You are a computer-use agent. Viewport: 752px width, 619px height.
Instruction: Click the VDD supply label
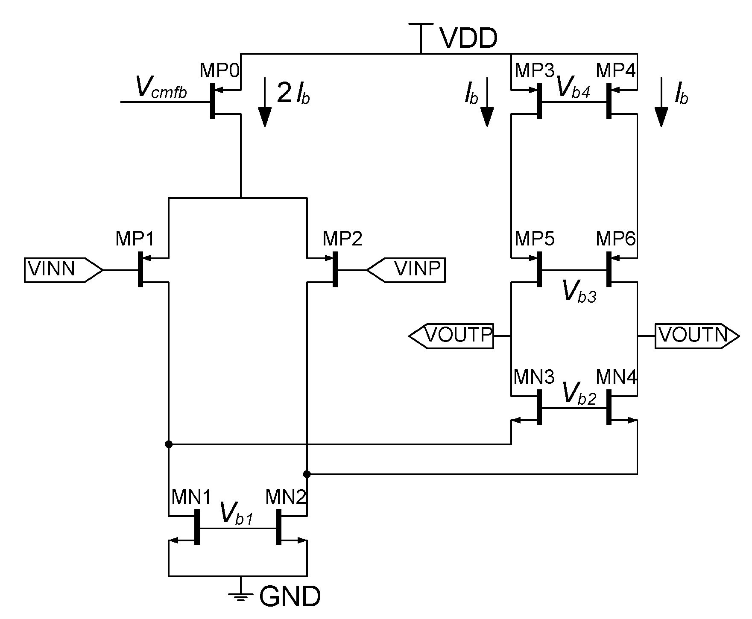tap(468, 38)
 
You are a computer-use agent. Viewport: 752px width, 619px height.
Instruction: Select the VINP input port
tap(406, 270)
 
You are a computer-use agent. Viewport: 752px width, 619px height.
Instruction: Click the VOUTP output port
tap(452, 336)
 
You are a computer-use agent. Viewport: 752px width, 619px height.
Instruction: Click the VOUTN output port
tap(696, 336)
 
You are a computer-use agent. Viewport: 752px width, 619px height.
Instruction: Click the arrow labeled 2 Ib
tap(265, 102)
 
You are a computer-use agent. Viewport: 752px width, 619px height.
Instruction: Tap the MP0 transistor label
tap(220, 70)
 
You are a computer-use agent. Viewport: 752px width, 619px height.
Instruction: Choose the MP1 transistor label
tap(135, 239)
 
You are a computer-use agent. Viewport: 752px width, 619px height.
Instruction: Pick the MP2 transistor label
tap(342, 239)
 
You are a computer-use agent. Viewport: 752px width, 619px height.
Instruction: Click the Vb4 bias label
tap(574, 89)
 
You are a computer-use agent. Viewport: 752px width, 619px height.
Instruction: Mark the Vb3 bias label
tap(579, 292)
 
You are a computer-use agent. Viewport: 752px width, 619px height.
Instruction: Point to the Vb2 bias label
tap(579, 393)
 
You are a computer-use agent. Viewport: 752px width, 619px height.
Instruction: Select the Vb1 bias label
tap(237, 514)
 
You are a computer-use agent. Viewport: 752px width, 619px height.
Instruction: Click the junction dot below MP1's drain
tap(169, 444)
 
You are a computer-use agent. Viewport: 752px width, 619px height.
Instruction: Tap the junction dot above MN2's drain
tap(307, 474)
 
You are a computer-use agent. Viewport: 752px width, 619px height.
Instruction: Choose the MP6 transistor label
tap(616, 239)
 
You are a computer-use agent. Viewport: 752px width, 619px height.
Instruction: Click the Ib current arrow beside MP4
tap(661, 102)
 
